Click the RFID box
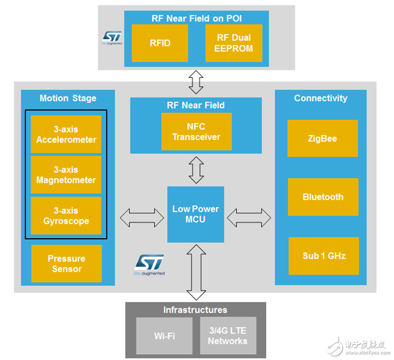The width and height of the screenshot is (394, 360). tap(160, 43)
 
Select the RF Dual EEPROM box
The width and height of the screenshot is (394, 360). tap(234, 43)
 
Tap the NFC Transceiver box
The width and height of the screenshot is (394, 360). tap(196, 131)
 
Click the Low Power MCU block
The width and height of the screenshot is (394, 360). tap(195, 214)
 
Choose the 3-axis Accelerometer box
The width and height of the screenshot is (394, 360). tap(66, 134)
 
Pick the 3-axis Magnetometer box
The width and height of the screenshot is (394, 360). tap(66, 175)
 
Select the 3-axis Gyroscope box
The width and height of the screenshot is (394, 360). tap(66, 215)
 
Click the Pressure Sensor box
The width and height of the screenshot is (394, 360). tap(67, 264)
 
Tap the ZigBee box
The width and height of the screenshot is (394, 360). tap(323, 138)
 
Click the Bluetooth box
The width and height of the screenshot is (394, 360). tap(323, 197)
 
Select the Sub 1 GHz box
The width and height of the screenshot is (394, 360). tap(324, 256)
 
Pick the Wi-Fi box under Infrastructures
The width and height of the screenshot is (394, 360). tap(164, 336)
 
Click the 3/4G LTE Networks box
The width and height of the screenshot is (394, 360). tap(228, 336)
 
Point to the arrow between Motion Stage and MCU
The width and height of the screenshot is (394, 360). tap(142, 218)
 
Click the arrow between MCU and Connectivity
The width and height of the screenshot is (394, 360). tap(249, 218)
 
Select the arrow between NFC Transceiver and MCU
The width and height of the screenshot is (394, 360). tap(196, 170)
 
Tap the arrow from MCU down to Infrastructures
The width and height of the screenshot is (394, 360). tap(196, 272)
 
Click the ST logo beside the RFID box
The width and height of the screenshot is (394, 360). tap(112, 38)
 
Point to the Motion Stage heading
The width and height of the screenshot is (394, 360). tap(68, 98)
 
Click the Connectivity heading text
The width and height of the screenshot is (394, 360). tap(320, 98)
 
